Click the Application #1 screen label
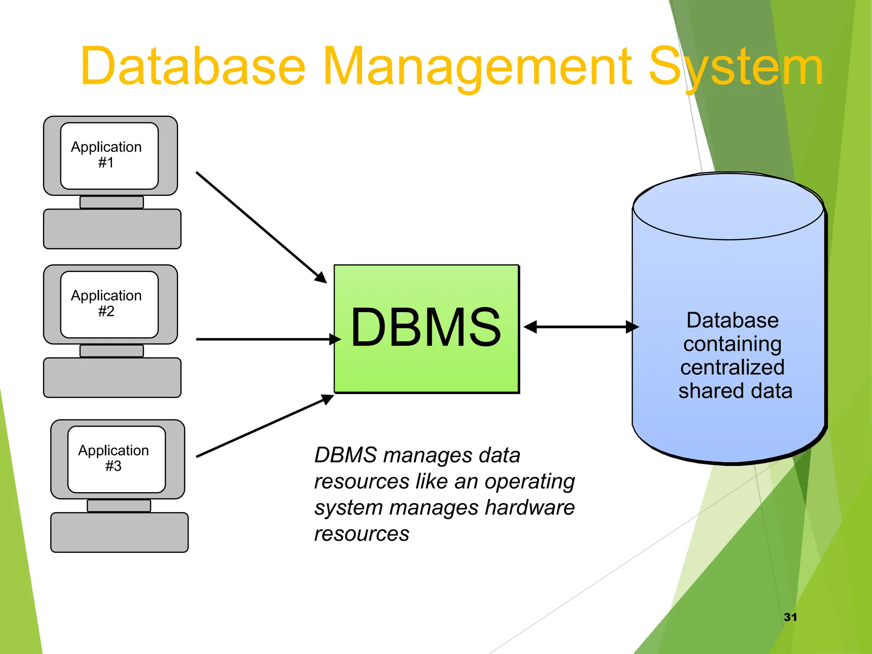[106, 155]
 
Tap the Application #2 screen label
[106, 303]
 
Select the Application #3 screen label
[114, 458]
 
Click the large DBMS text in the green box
[426, 327]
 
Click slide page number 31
[790, 617]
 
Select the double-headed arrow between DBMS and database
[581, 327]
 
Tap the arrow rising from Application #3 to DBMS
[264, 426]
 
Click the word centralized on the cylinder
[732, 367]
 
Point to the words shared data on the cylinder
[735, 391]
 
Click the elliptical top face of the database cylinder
[728, 207]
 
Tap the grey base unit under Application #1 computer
[112, 229]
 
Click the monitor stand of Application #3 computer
[119, 506]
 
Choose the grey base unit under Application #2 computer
[112, 378]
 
